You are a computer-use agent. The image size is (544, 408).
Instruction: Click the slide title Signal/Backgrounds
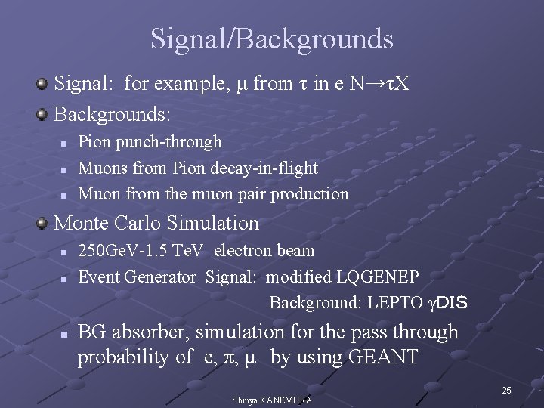(x=271, y=39)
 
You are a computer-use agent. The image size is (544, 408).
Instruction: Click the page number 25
(x=506, y=390)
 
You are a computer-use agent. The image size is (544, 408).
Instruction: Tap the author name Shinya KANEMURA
(x=272, y=399)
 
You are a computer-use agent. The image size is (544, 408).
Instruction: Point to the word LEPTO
(x=395, y=303)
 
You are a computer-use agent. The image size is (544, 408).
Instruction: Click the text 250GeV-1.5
(x=120, y=251)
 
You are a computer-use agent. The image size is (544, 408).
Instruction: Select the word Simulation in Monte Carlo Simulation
(x=221, y=223)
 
